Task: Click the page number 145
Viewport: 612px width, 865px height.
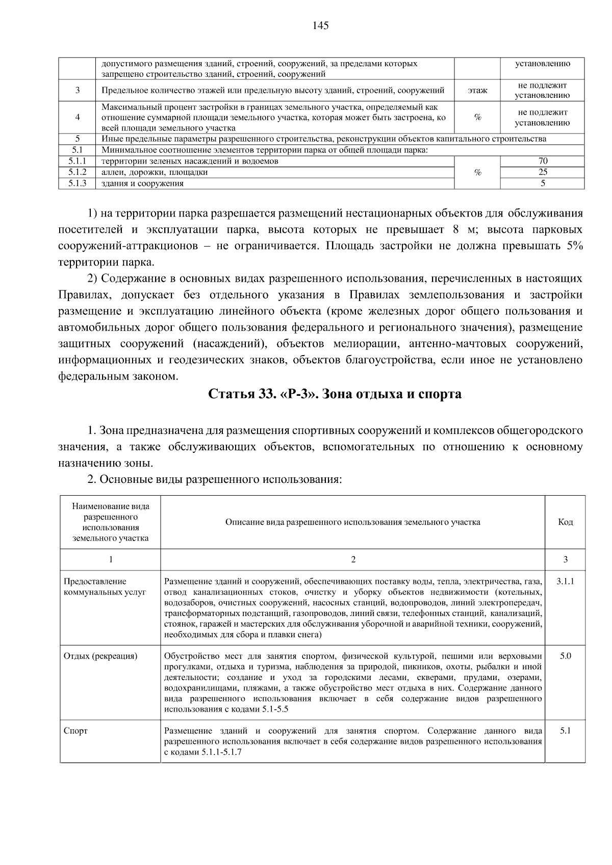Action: (x=321, y=26)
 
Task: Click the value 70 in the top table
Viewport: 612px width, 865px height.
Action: (x=543, y=161)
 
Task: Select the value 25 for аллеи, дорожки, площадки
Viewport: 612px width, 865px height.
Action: (x=543, y=172)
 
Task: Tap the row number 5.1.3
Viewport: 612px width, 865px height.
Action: (x=77, y=183)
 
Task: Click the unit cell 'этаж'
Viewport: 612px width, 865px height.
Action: (x=477, y=91)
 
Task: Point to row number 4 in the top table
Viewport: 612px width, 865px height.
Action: (x=77, y=117)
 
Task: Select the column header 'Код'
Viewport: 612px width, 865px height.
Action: (x=565, y=522)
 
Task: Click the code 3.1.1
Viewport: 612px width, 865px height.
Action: (x=565, y=581)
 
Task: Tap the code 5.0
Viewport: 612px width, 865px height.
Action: (x=565, y=656)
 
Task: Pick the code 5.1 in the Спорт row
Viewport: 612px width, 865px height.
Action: (x=565, y=731)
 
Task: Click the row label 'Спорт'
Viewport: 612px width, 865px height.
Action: (x=75, y=731)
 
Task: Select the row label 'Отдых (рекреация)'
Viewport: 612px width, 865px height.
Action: (x=100, y=656)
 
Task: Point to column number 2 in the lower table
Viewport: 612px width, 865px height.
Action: (x=353, y=559)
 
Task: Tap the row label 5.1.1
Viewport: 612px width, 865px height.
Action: (x=77, y=161)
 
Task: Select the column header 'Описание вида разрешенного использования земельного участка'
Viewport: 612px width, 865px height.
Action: (x=352, y=522)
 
